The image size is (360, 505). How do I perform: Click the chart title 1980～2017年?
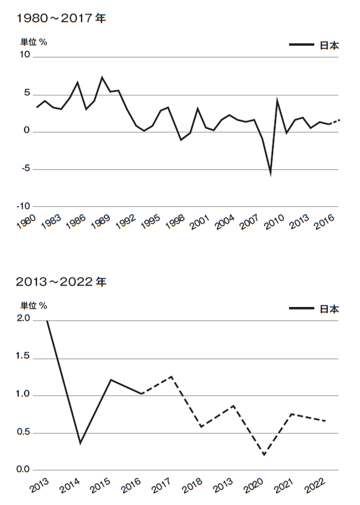point(62,19)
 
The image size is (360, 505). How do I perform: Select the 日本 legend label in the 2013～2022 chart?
point(329,309)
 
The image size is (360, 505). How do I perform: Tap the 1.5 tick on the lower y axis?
point(24,357)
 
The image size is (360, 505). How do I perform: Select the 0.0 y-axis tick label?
point(24,470)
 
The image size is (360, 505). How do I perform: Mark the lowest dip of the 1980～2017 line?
point(271,174)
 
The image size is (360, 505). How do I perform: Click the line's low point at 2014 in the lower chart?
point(80,443)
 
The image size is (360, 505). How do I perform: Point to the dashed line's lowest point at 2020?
point(264,455)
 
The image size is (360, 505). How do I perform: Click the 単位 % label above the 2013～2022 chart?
point(34,305)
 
